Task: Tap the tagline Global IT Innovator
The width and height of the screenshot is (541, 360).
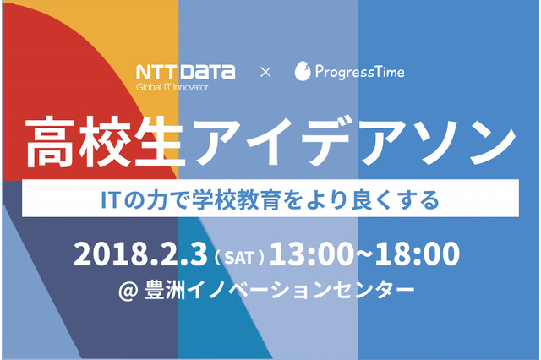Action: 172,86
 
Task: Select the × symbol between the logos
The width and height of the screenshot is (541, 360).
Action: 265,73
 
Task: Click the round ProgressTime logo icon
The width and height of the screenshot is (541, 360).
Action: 303,73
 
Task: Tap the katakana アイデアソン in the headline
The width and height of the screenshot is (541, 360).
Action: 343,145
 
